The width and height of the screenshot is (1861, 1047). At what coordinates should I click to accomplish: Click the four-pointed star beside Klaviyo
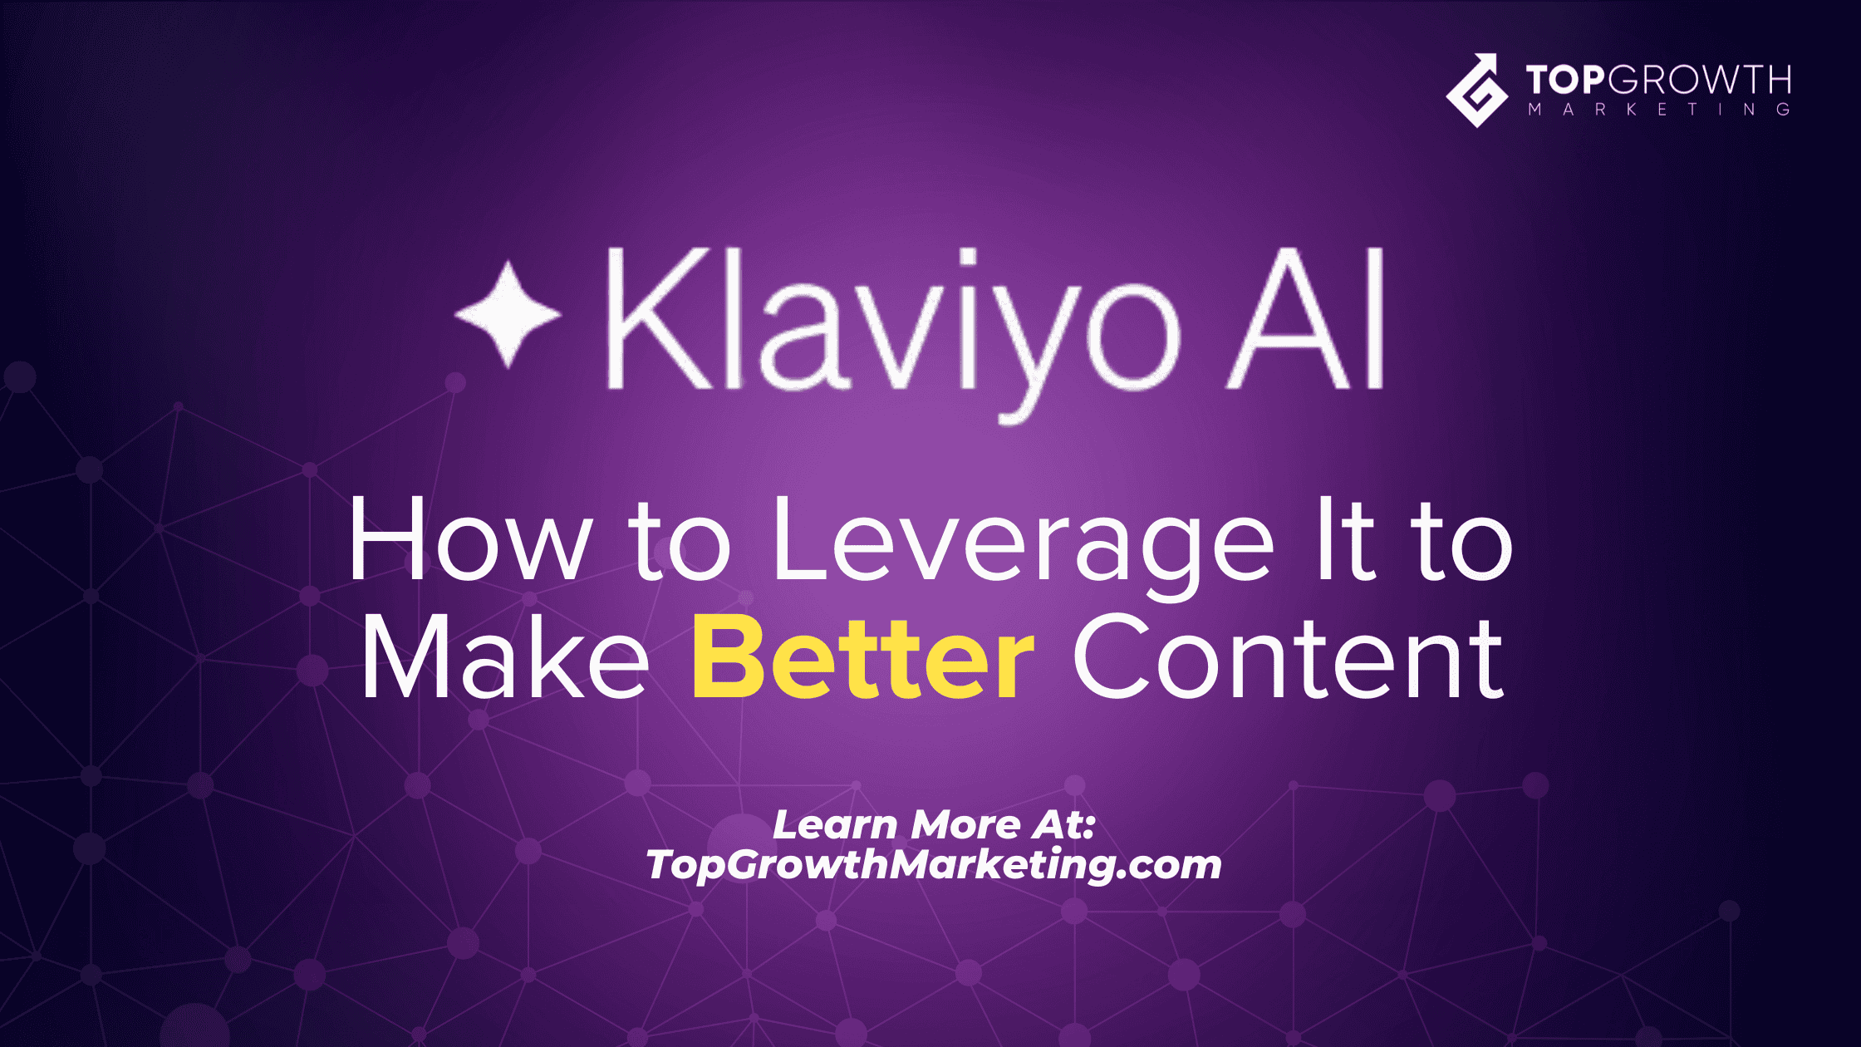click(x=508, y=315)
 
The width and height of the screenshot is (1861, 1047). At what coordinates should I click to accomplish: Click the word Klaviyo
click(x=894, y=332)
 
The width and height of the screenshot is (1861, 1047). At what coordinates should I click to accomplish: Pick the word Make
click(x=504, y=658)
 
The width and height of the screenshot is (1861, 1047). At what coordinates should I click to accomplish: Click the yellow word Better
click(x=863, y=658)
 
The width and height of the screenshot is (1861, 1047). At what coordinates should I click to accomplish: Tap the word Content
click(x=1289, y=658)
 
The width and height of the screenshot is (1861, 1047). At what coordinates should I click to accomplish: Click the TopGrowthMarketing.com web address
click(x=934, y=865)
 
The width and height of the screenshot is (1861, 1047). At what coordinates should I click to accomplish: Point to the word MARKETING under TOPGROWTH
click(x=1659, y=110)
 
